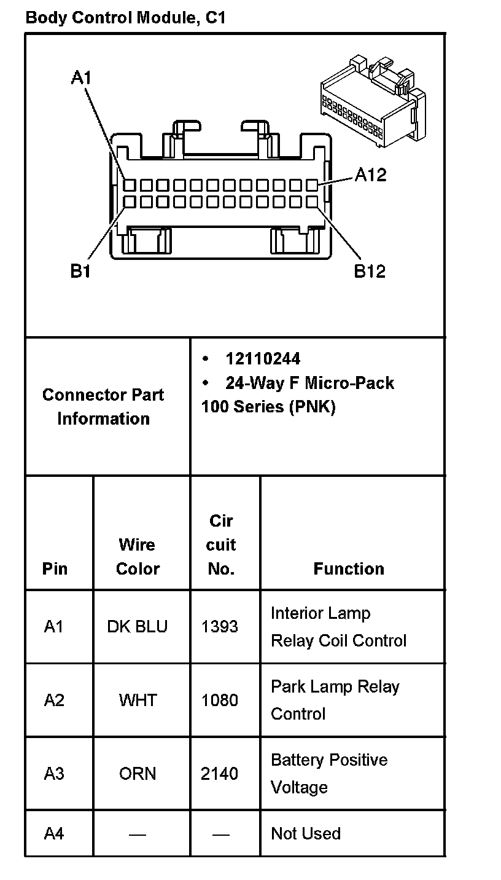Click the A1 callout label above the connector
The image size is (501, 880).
coord(81,77)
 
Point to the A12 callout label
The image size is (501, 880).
coord(371,175)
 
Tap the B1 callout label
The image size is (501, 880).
coord(80,271)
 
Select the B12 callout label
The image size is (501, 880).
coord(370,271)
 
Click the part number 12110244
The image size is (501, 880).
coord(263,359)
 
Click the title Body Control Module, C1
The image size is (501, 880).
coord(125,18)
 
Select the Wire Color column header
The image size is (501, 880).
coord(138,557)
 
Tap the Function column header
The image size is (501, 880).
coord(349,569)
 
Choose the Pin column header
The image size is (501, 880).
coord(55,569)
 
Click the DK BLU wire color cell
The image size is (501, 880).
coord(138,627)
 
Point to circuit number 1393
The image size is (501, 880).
coord(220,627)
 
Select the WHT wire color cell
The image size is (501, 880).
coord(138,700)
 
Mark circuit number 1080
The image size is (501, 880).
coord(220,700)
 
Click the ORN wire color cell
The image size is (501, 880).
coord(138,773)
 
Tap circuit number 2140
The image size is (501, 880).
coord(220,773)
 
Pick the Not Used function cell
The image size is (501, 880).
coord(306,833)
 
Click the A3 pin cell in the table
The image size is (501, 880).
coord(54,773)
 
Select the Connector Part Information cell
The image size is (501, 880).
coord(103,406)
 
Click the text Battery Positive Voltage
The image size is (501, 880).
coord(329,773)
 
